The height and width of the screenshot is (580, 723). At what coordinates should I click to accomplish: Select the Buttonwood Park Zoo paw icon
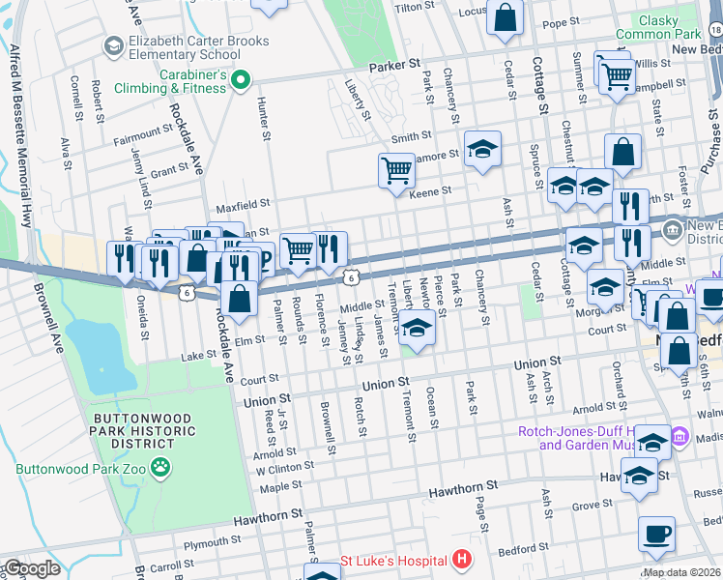tap(160, 468)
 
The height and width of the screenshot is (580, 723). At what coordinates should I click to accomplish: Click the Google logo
tap(31, 568)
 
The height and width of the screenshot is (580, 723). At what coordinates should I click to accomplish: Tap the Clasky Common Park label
tap(667, 26)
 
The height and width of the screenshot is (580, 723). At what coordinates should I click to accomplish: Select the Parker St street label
tap(396, 68)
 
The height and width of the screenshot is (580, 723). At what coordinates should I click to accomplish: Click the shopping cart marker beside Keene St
tap(396, 171)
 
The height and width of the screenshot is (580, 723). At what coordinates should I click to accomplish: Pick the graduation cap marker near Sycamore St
tap(482, 149)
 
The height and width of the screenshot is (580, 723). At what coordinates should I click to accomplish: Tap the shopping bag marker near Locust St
tap(506, 17)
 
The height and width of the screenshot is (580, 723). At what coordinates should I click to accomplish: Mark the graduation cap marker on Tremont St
tap(417, 330)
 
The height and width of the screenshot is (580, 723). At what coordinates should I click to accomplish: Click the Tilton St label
tap(409, 8)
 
